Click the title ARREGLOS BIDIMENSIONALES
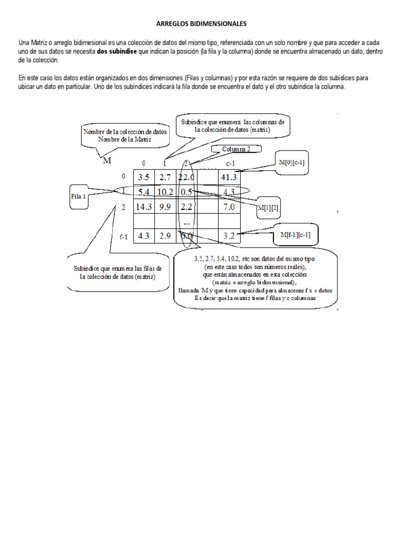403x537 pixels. [x=201, y=24]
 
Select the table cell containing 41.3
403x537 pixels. [x=229, y=177]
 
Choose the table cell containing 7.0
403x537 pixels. [x=229, y=207]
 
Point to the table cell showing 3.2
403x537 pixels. [x=229, y=237]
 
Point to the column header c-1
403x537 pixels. [x=229, y=164]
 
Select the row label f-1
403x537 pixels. [x=123, y=237]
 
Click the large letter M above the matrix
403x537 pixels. [x=107, y=160]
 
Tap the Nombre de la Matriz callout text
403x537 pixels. [x=124, y=139]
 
